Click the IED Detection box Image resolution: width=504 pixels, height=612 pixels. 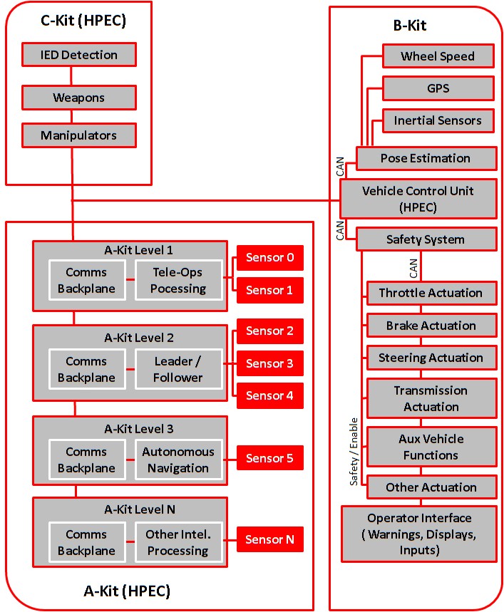(x=79, y=55)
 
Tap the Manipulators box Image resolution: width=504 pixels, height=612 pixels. (x=79, y=135)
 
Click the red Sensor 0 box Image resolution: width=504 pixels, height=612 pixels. (x=270, y=257)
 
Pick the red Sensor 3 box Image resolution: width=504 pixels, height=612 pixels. (x=270, y=363)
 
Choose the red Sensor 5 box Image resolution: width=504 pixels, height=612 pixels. (x=270, y=458)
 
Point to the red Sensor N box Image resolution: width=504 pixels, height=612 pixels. (x=270, y=539)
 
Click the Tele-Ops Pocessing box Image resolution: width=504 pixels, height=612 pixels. (x=179, y=280)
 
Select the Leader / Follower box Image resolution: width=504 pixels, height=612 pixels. (x=178, y=369)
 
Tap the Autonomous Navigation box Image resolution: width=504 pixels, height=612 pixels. (x=178, y=460)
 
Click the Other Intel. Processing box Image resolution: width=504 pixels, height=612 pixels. (x=178, y=542)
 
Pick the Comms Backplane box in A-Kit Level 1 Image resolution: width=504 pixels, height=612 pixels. (x=86, y=280)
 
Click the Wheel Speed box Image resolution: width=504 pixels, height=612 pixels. (x=438, y=56)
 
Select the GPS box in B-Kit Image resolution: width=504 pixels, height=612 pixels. (x=438, y=89)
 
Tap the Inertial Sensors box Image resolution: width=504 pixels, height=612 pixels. (x=438, y=121)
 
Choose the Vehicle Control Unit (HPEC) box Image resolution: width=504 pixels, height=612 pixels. (x=418, y=198)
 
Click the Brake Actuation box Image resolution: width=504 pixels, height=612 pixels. (x=431, y=326)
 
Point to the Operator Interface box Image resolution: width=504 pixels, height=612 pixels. (x=419, y=534)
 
